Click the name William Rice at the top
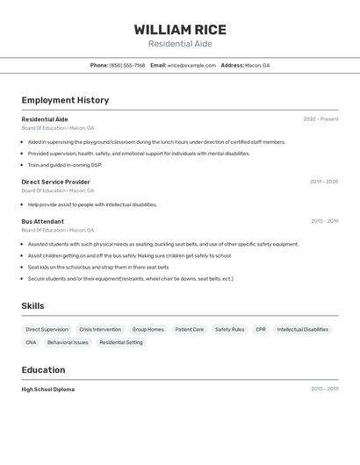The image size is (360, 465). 180,30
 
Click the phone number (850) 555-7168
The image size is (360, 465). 127,65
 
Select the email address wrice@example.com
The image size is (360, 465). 191,65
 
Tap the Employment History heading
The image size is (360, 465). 65,100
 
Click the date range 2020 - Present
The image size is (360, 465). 320,119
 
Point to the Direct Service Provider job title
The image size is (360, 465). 55,182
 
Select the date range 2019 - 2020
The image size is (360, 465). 324,182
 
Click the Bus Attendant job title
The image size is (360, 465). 43,221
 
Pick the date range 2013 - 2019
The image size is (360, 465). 324,221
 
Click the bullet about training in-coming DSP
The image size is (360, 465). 65,165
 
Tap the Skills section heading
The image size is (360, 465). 33,305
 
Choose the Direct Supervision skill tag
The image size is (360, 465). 47,330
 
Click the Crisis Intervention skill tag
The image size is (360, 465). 100,330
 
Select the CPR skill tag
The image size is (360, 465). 261,330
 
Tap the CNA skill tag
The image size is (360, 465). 31,342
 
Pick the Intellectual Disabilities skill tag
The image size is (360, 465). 303,330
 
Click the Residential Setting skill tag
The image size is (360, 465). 121,342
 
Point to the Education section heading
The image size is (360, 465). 43,369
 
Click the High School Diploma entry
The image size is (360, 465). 48,389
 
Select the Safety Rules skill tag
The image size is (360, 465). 229,330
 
